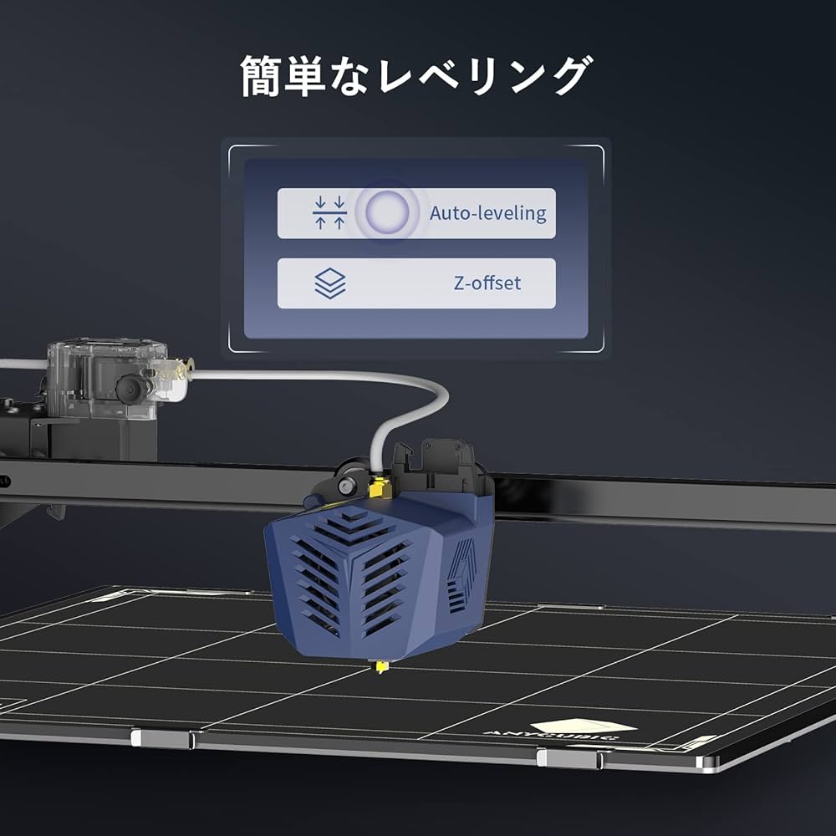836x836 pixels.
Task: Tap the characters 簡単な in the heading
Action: pyautogui.click(x=308, y=77)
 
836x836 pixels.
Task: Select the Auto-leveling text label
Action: pyautogui.click(x=487, y=213)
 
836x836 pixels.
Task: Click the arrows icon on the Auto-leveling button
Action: pyautogui.click(x=329, y=213)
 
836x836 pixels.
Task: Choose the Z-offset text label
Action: pyautogui.click(x=487, y=283)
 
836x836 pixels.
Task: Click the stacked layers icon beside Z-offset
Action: pyautogui.click(x=329, y=283)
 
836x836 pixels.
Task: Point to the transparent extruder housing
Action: pyautogui.click(x=105, y=376)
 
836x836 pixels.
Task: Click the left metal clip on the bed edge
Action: pyautogui.click(x=163, y=738)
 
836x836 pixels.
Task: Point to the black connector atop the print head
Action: pyautogui.click(x=439, y=464)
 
